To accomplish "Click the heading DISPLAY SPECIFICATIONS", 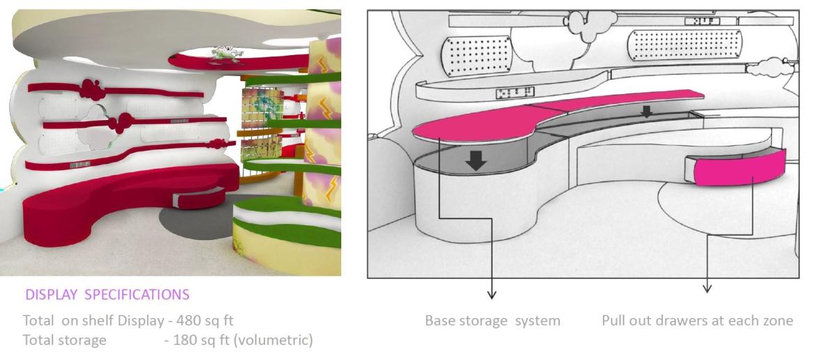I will pos(107,294).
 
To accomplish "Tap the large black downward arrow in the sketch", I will pos(476,160).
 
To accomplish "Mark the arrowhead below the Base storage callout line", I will pos(492,292).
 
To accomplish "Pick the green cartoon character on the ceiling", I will pos(225,52).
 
